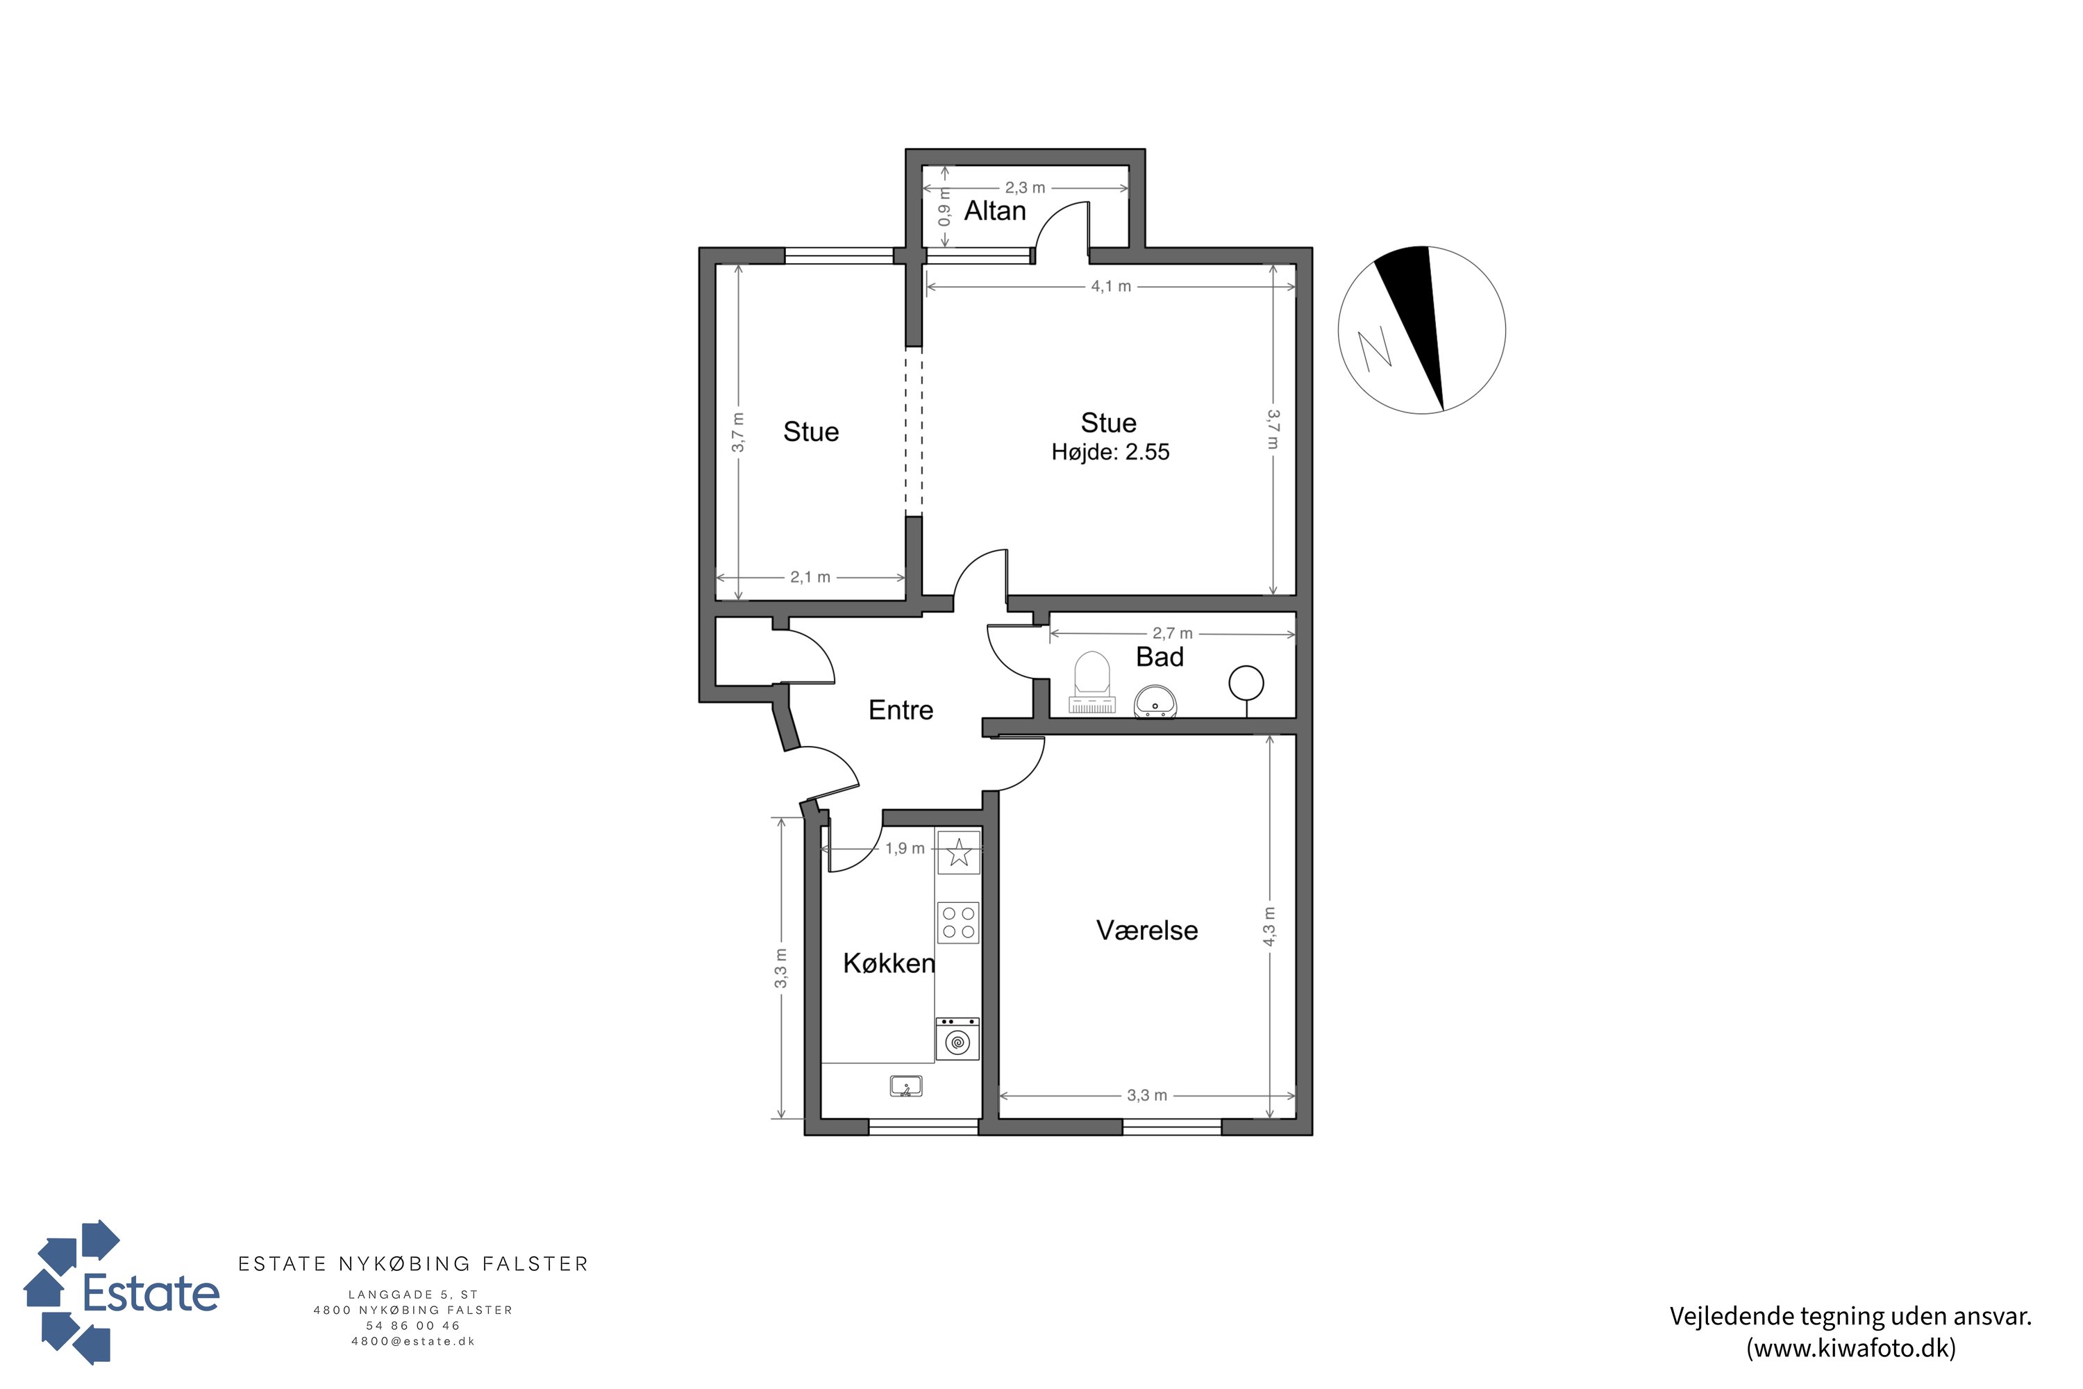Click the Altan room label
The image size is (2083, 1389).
coord(994,211)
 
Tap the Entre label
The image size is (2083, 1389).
coord(901,710)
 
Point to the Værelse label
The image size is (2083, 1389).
coord(1147,930)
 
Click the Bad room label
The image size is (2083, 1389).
coord(1160,657)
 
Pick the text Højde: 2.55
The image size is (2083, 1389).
coord(1110,453)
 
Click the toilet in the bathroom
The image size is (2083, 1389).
coord(1092,683)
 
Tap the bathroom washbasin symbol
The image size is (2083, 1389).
coord(1156,701)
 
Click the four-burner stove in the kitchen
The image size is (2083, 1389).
coord(958,923)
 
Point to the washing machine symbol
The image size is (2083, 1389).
coord(957,1039)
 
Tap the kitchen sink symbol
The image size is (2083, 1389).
coord(906,1086)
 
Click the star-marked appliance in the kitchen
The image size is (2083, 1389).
coord(958,853)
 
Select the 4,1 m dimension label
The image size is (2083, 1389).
coord(1110,287)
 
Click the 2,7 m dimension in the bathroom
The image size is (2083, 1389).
coord(1173,633)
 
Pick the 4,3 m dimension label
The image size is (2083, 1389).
coord(1269,926)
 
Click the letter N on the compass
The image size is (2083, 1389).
coord(1375,349)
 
